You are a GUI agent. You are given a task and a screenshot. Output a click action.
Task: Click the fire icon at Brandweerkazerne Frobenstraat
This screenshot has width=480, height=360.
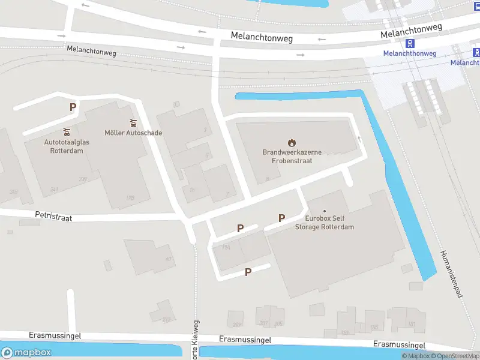[x=292, y=143]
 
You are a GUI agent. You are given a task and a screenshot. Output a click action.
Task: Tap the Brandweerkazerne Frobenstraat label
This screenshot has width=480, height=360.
[x=292, y=157]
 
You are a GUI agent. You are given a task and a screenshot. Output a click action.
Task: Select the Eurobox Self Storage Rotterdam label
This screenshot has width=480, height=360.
[x=325, y=223]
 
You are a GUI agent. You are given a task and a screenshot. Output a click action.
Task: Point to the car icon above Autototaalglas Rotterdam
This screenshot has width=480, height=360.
[x=67, y=131]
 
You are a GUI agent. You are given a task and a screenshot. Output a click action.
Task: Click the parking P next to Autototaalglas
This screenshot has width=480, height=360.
[x=73, y=107]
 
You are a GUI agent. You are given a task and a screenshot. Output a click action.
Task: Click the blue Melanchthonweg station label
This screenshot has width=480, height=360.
[x=410, y=53]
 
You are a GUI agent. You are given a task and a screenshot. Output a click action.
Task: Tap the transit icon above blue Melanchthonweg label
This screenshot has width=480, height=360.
[x=410, y=43]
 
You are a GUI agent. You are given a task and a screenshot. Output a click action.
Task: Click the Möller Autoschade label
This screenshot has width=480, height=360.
[x=133, y=133]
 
